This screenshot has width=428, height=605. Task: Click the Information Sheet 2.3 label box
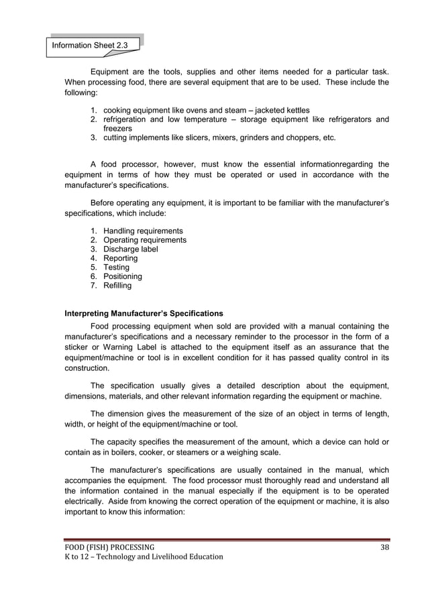point(93,45)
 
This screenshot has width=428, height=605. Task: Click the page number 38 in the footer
point(384,547)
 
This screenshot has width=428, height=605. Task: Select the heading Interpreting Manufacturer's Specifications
point(143,313)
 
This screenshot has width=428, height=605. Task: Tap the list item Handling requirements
point(143,231)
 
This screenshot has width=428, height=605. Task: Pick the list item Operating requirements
point(145,240)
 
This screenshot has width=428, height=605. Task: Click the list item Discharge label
point(131,249)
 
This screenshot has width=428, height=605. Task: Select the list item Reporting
point(120,258)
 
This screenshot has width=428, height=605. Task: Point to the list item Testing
point(116,267)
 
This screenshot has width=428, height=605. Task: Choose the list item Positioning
point(122,276)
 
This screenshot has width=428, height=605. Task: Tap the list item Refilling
point(117,285)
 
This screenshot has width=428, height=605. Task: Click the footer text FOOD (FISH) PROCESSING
point(109,547)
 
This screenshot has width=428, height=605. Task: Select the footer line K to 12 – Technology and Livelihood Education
point(144,557)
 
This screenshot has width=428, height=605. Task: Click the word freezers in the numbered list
point(117,128)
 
